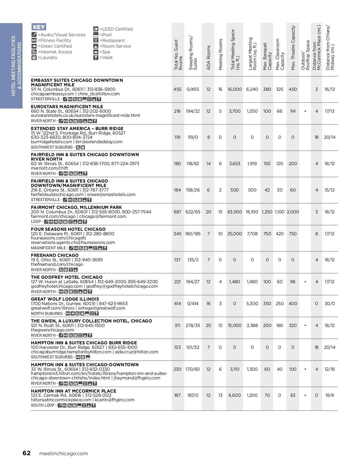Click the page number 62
click(26, 453)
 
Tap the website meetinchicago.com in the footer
click(64, 453)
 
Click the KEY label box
click(39, 27)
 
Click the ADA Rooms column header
click(208, 58)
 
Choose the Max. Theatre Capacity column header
click(293, 48)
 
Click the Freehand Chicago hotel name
click(55, 255)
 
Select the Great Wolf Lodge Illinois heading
click(65, 299)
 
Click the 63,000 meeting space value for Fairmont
click(235, 212)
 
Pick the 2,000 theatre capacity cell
click(293, 212)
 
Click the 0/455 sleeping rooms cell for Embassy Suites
click(193, 89)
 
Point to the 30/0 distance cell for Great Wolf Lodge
click(329, 304)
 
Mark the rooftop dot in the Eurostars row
click(305, 111)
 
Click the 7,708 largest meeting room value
click(252, 234)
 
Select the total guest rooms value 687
click(177, 212)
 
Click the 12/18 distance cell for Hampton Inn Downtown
click(329, 369)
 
